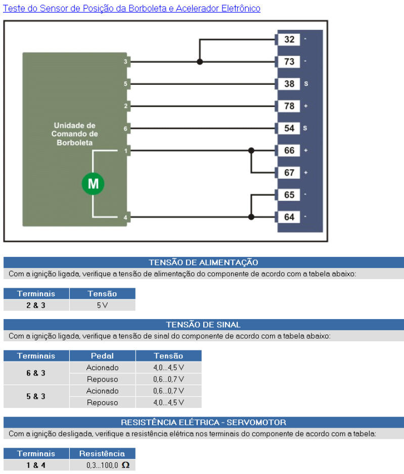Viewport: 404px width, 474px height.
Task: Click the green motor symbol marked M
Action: click(x=93, y=184)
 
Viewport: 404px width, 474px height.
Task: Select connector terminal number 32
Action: click(x=289, y=39)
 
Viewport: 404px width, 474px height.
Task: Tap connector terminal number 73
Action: click(x=289, y=62)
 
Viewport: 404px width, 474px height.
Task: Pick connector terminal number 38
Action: click(x=289, y=84)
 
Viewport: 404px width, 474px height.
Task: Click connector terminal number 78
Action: click(x=289, y=106)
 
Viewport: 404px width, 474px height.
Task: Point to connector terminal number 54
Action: click(x=289, y=128)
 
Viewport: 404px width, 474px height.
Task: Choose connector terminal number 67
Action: click(x=289, y=173)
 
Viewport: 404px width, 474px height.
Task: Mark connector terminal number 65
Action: click(x=289, y=195)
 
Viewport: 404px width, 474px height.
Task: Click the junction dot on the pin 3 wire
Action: click(x=200, y=62)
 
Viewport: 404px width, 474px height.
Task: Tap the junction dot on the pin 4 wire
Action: click(x=251, y=217)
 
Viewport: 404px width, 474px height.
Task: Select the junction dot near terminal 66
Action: click(x=251, y=150)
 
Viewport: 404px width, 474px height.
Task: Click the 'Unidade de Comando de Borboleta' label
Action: click(x=74, y=134)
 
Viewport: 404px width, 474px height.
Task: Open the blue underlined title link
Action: click(x=132, y=8)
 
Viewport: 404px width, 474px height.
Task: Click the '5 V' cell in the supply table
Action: click(x=102, y=305)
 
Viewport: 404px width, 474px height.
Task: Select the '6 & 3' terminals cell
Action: click(x=36, y=373)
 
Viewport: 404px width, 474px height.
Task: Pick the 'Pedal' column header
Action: click(x=102, y=356)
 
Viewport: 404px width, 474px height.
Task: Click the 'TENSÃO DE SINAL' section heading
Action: click(x=203, y=325)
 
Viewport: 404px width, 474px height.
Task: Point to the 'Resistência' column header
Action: click(x=102, y=453)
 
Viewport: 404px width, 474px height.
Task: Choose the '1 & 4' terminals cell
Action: click(x=36, y=465)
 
